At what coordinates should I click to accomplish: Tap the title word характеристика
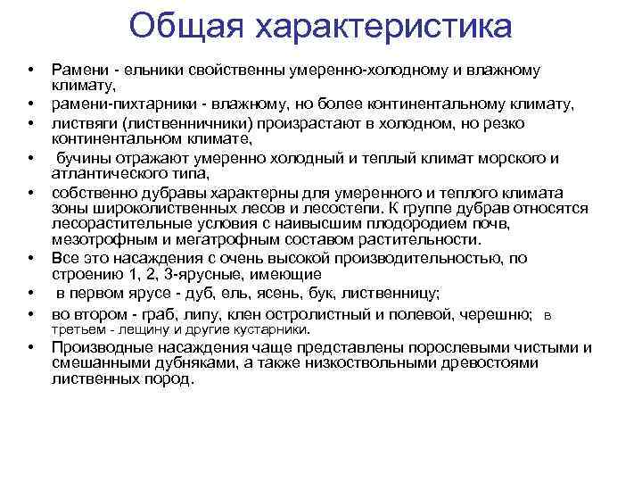click(x=384, y=27)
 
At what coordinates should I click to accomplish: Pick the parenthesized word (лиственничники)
click(x=193, y=121)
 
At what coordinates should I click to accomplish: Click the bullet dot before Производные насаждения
click(x=30, y=348)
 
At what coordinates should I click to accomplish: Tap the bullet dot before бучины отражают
click(x=30, y=158)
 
